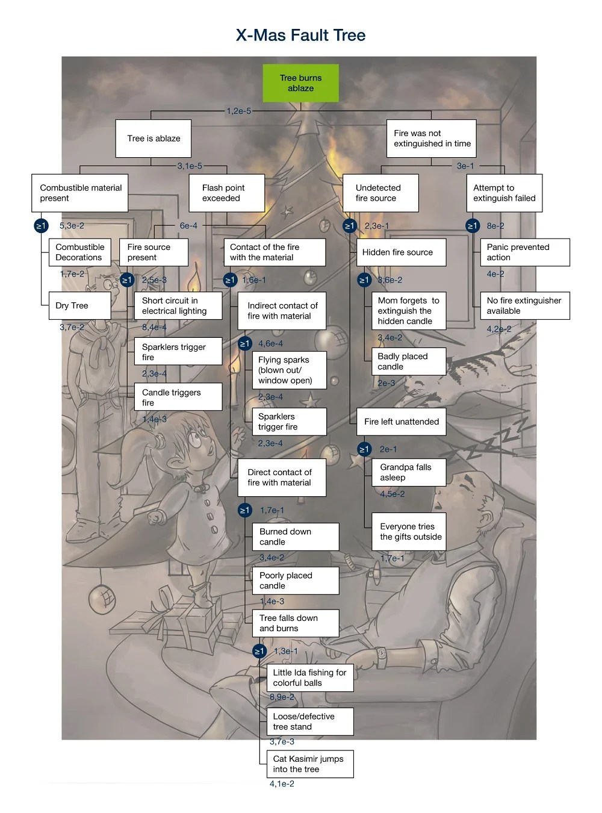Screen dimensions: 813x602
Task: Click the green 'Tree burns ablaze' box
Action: pos(300,83)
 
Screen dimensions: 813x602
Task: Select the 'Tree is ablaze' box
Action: pos(154,139)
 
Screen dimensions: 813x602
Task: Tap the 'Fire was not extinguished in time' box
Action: pos(431,139)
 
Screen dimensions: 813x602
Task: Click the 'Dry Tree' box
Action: pos(79,305)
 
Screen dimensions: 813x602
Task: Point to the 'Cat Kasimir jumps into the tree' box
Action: pos(309,764)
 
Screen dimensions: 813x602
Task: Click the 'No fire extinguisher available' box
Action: pos(524,305)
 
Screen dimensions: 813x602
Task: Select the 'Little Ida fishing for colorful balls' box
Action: pos(309,677)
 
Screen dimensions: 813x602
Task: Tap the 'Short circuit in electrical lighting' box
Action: pos(178,305)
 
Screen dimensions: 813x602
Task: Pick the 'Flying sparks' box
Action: pos(289,370)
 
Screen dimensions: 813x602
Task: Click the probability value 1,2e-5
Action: pos(239,111)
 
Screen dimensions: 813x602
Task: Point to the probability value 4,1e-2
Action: pos(282,783)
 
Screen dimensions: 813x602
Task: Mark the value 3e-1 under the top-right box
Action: pos(465,166)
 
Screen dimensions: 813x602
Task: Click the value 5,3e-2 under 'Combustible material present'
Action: pos(72,226)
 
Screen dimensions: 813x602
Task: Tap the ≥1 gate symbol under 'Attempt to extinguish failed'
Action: pos(473,226)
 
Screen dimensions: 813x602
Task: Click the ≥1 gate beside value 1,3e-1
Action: pos(259,651)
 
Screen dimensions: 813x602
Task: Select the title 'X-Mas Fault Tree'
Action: pos(300,35)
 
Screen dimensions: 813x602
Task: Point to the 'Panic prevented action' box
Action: pos(524,252)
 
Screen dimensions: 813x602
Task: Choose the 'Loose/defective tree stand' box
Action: pos(309,721)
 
